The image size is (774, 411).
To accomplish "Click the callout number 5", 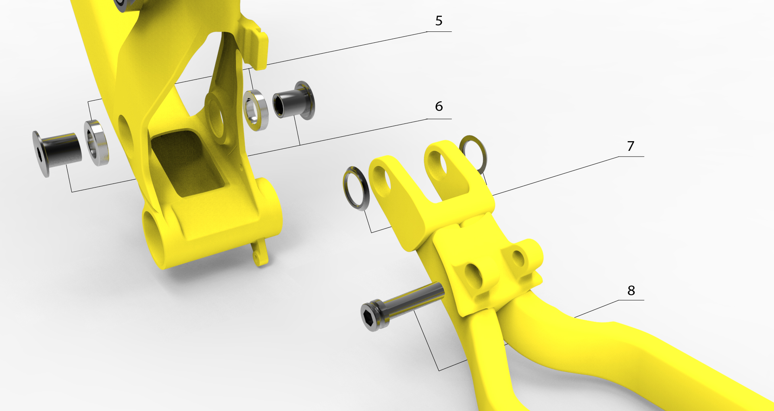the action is click(x=439, y=21).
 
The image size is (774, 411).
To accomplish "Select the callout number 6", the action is click(x=439, y=106).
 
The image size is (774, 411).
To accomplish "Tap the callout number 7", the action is click(x=631, y=146).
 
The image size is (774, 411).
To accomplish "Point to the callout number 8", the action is click(x=631, y=290).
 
